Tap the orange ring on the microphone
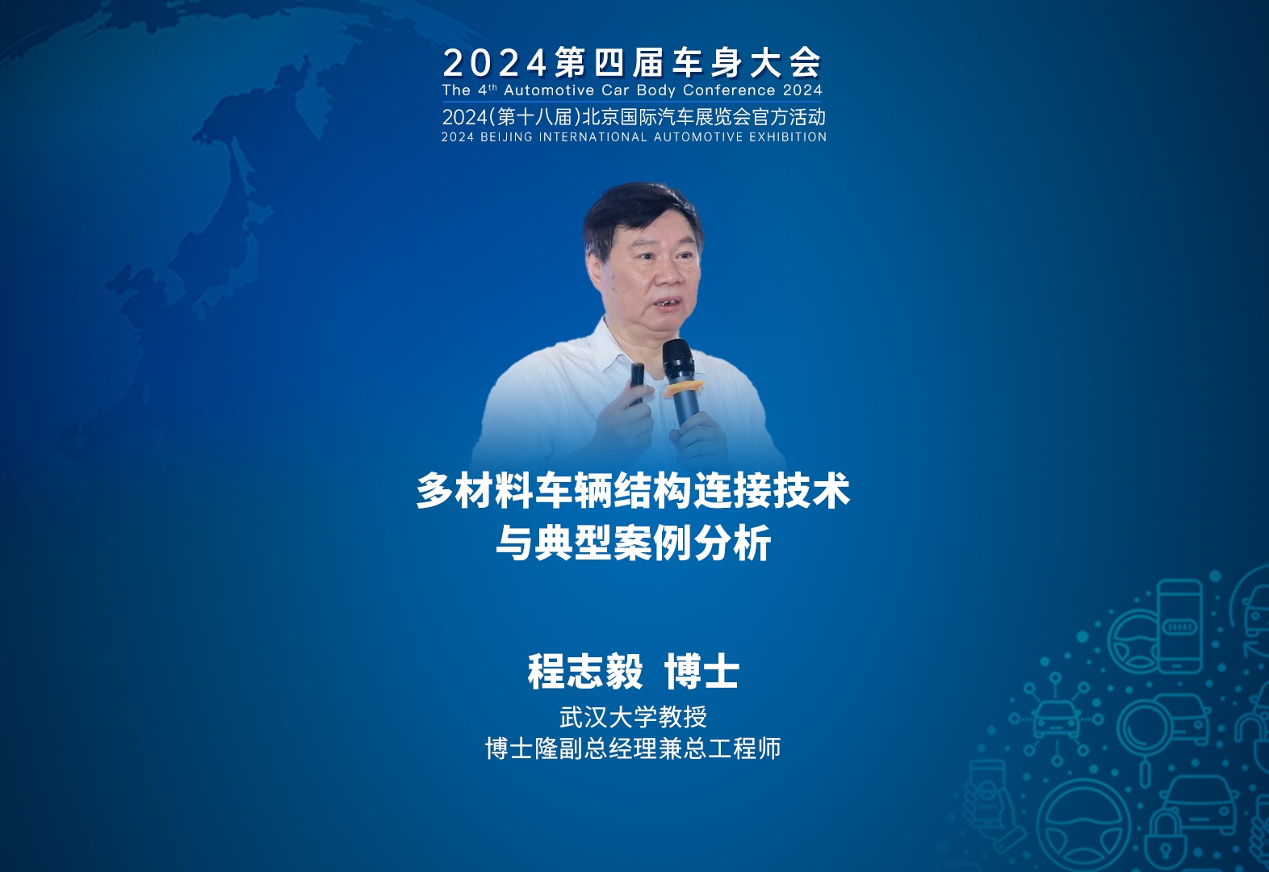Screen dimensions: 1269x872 point(684,388)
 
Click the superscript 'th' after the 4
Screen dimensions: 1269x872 point(492,87)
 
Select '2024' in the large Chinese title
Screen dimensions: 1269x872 point(494,63)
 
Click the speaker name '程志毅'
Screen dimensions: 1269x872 point(585,672)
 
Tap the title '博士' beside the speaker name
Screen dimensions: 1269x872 point(702,672)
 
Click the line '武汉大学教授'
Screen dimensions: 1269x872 point(634,717)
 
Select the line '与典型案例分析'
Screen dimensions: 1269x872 point(634,543)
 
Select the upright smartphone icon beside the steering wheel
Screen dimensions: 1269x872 point(1179,626)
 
